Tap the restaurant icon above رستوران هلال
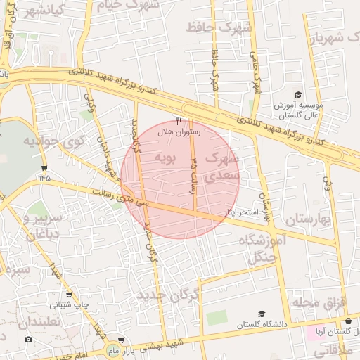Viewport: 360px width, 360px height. pos(179,121)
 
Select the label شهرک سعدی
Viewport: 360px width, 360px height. pos(224,167)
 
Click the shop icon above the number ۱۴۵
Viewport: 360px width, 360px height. pos(45,167)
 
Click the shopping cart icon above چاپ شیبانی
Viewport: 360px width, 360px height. pos(69,295)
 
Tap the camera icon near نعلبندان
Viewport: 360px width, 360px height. pos(28,339)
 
